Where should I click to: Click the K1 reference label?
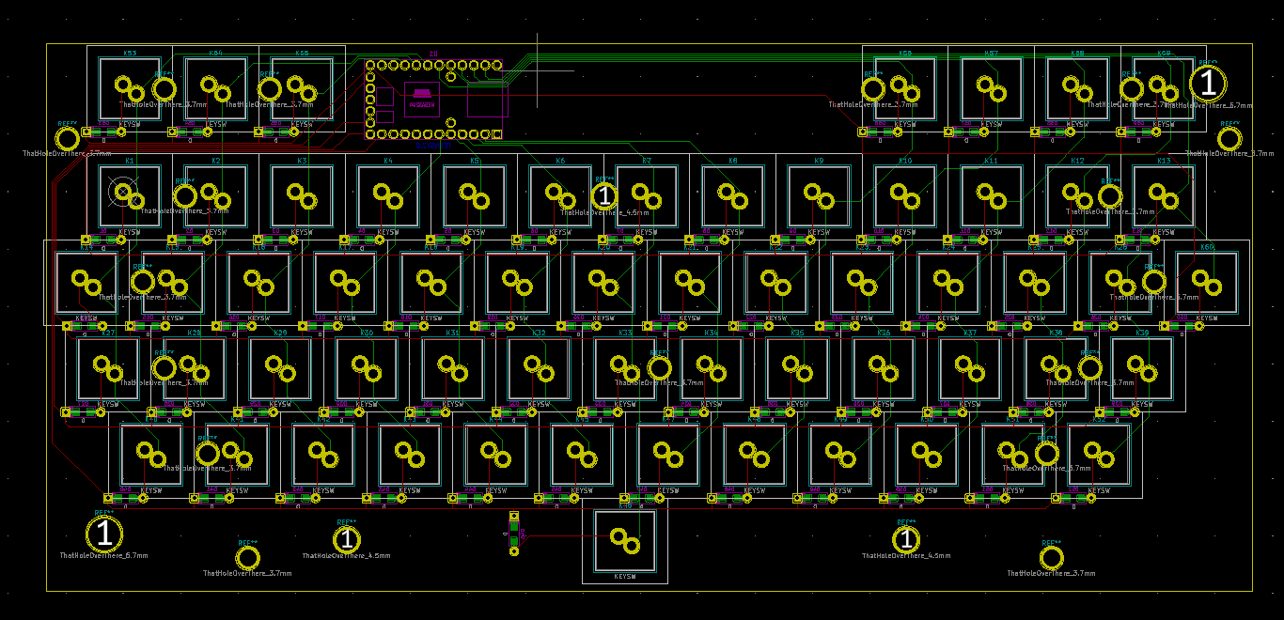coord(130,162)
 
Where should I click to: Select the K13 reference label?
coord(1164,162)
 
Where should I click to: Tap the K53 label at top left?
coord(130,54)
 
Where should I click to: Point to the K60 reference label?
coord(1207,247)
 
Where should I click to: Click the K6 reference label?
coord(560,162)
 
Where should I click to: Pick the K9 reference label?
coord(819,162)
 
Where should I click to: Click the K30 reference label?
coord(367,333)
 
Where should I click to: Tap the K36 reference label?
coord(884,333)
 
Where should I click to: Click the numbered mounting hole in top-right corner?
coord(1208,84)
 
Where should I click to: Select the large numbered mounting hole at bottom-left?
coord(104,535)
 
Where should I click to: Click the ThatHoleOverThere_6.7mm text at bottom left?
coord(103,556)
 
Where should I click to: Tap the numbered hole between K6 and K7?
coord(604,195)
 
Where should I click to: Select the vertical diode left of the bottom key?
coord(513,533)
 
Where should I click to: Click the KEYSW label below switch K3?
coord(302,231)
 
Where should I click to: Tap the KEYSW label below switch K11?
coord(991,231)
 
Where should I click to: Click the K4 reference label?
coord(388,162)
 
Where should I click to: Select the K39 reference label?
coord(1142,333)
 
